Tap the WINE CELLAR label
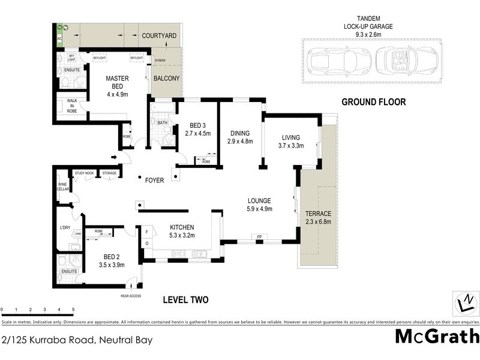coord(62,187)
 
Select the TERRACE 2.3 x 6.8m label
coord(318,218)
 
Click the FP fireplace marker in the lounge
coord(259,237)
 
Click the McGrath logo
coord(437,336)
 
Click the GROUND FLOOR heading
coord(373,102)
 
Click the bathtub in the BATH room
coord(161,109)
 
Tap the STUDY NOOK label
coord(84,173)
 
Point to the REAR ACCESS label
coord(131,296)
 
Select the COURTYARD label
coord(159,36)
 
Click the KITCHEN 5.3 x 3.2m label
coord(181,232)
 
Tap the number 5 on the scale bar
coord(73,310)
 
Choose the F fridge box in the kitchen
coord(146,230)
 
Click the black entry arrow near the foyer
coord(115,158)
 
